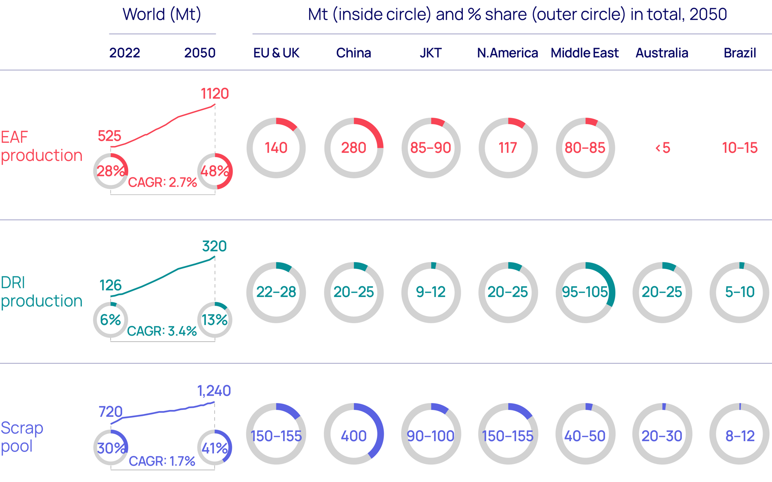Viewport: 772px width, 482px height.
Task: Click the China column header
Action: pos(353,53)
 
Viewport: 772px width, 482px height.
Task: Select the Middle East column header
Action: pos(585,53)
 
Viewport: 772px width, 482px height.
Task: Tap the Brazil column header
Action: pos(739,53)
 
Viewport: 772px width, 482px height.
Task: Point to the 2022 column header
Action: pos(124,53)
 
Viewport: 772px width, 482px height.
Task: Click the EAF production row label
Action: pos(41,146)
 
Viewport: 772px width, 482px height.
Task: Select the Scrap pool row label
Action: pos(22,437)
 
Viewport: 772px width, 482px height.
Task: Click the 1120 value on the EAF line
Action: pos(214,94)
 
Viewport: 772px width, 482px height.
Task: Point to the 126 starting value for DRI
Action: pos(110,285)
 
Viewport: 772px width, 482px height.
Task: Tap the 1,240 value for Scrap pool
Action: pos(214,391)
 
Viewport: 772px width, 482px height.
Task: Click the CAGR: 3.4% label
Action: pos(162,331)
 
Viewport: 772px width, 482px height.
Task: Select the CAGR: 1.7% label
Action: pos(162,461)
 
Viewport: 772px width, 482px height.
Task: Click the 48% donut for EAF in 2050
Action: pos(214,171)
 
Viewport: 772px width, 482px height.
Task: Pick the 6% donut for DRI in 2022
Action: pos(110,320)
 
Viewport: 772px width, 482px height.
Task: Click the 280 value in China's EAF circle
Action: pos(353,148)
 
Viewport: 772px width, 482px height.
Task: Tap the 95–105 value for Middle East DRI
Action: pos(585,292)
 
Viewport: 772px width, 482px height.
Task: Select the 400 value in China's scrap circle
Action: pos(353,436)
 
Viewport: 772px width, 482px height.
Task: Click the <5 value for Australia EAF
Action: pos(662,148)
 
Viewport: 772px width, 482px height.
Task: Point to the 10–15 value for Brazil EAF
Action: pos(739,148)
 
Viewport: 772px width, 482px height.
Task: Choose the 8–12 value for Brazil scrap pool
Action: pos(739,436)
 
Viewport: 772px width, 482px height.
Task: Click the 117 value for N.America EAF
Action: pos(508,148)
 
